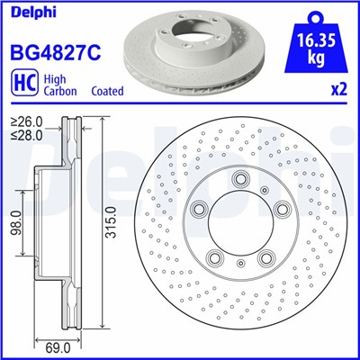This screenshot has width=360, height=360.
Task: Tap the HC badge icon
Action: click(22, 85)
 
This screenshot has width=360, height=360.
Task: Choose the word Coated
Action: click(108, 92)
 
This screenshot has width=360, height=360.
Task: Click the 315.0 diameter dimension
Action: click(109, 220)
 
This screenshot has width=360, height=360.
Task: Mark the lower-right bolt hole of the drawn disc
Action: click(266, 258)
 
